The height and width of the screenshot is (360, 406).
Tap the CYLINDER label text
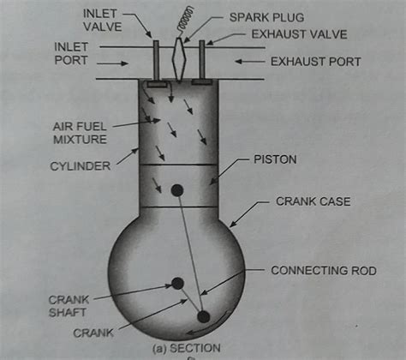[x=81, y=166]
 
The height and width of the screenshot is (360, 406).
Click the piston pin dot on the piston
[x=176, y=190]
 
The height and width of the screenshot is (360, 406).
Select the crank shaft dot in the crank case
[x=177, y=284]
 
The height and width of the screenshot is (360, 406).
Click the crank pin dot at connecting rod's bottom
[x=204, y=317]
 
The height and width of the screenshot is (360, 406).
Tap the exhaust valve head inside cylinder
[x=202, y=83]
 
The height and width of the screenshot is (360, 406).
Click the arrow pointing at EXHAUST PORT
[x=249, y=62]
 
